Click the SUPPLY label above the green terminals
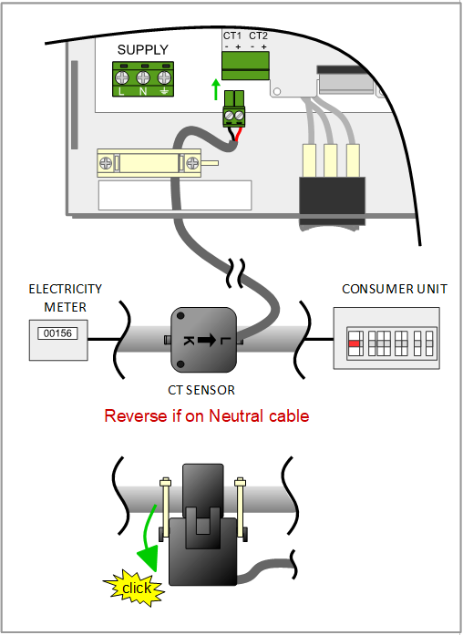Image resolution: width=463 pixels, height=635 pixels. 143,49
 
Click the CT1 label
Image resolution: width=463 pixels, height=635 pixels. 232,36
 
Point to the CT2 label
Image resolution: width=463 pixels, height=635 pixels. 259,36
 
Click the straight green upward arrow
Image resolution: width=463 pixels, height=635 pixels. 215,89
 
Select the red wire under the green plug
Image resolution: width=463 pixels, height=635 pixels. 240,135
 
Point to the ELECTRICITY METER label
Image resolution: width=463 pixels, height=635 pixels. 65,297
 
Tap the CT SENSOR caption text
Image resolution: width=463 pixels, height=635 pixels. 203,390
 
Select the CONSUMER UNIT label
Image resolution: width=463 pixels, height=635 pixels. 395,290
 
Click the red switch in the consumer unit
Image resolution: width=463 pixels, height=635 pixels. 354,344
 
